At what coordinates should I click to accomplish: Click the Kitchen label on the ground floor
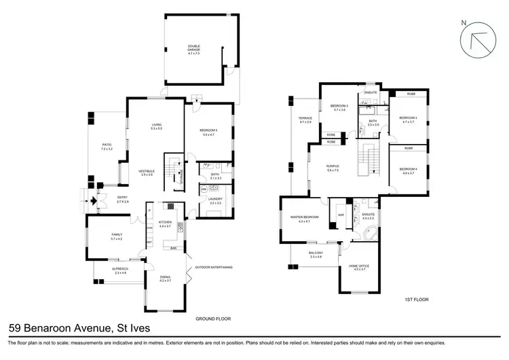166,223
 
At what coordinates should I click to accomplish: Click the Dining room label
166,278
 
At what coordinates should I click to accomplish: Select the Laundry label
215,200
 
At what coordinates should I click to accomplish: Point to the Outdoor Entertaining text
214,268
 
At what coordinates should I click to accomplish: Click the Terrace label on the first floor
305,120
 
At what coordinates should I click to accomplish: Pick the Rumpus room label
333,168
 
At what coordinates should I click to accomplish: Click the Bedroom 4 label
408,171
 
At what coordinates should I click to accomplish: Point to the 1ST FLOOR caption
415,299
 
